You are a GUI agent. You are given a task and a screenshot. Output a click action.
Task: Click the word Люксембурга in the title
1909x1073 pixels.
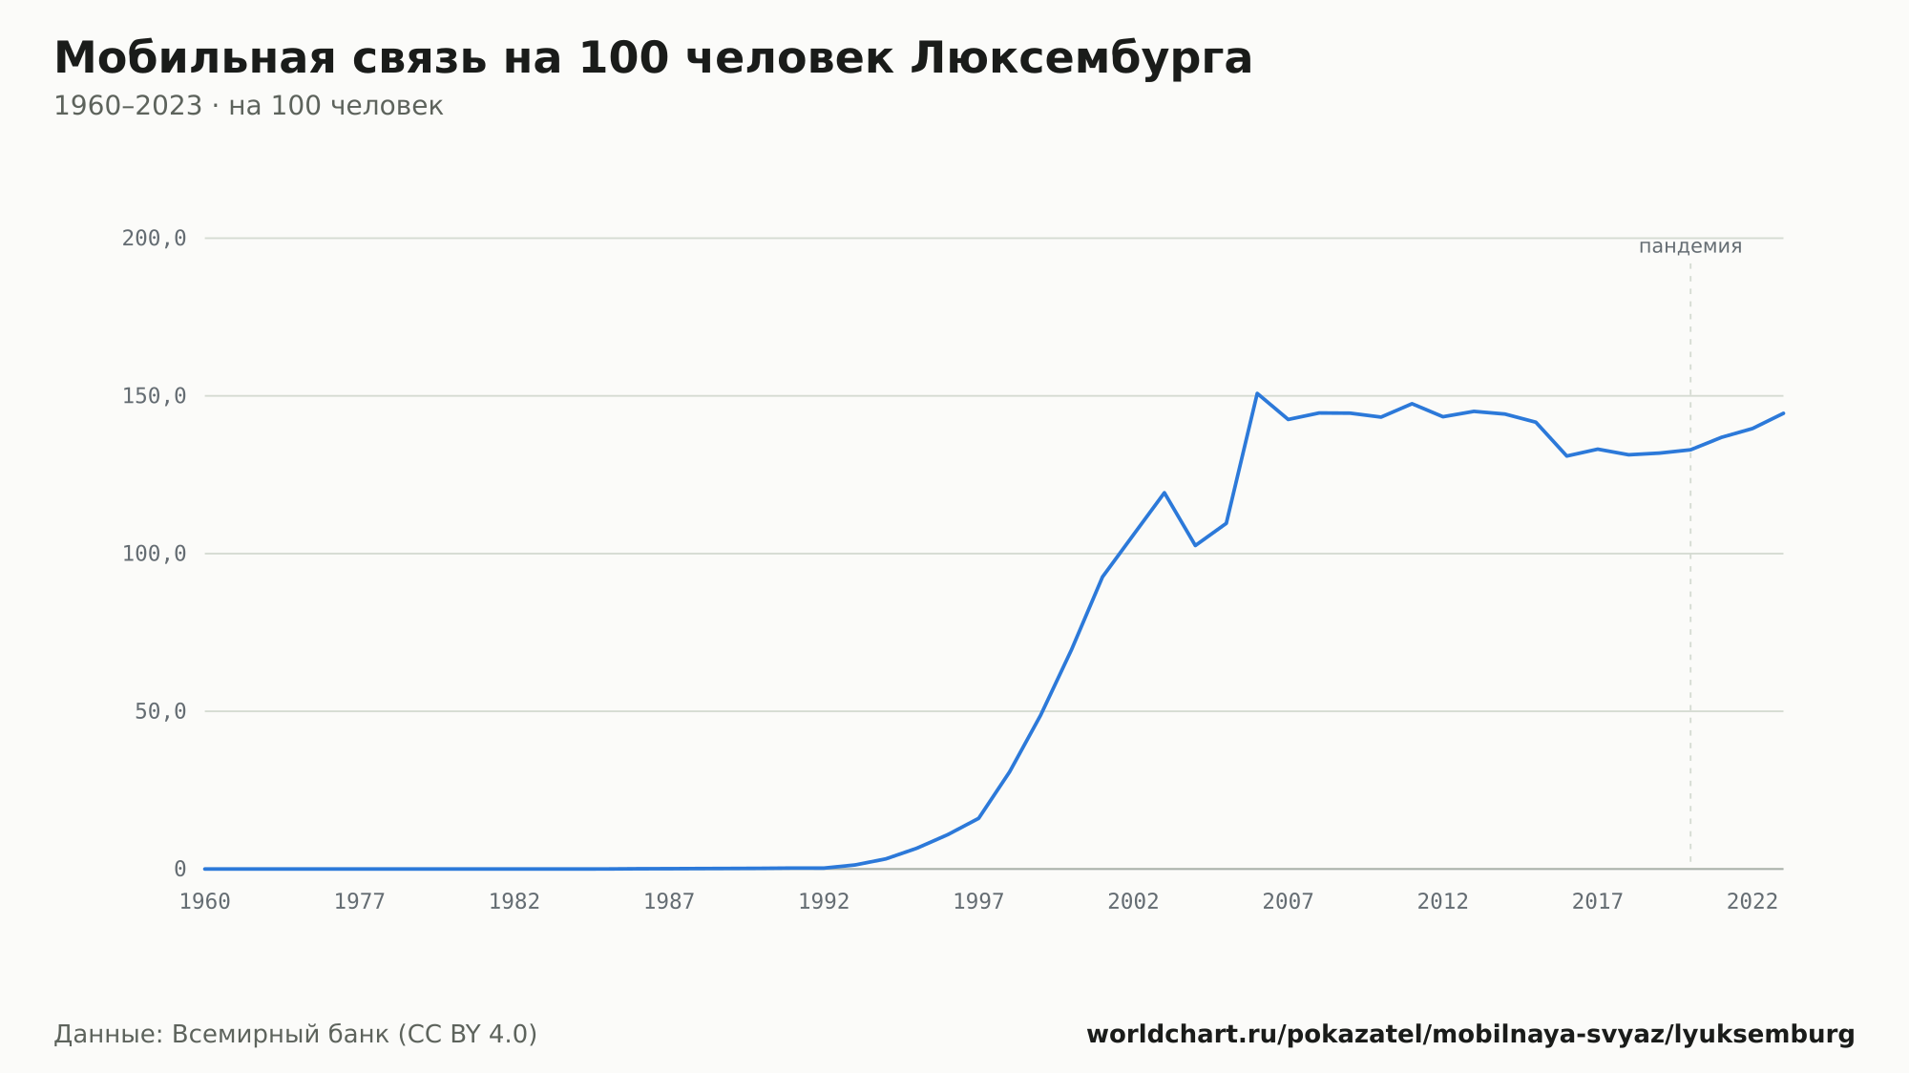click(1080, 58)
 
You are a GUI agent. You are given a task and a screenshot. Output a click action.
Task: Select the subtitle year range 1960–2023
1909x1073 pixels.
click(128, 106)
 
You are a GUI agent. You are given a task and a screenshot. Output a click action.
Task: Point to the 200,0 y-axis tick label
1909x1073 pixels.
click(154, 239)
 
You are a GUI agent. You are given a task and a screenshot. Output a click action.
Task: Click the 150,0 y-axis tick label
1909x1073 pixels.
click(154, 396)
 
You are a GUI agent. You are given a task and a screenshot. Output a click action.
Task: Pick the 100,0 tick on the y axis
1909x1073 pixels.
click(154, 554)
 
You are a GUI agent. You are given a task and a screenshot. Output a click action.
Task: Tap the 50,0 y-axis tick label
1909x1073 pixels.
click(160, 711)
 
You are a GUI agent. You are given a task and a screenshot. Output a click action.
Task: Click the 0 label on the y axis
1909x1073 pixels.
click(180, 869)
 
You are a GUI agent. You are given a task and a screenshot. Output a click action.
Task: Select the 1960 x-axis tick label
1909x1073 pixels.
click(205, 902)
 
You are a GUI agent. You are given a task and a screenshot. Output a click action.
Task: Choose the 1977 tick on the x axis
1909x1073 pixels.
click(360, 902)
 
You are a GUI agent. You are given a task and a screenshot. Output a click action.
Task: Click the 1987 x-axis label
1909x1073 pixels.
click(669, 902)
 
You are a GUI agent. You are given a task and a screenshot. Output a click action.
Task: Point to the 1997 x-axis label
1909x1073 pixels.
click(978, 902)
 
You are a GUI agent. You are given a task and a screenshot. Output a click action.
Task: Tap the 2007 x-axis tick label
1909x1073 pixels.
click(1289, 902)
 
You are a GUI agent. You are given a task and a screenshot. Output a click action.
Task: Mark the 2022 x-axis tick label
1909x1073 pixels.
click(1752, 902)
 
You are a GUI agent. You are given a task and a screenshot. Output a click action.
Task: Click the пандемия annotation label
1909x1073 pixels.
click(1690, 246)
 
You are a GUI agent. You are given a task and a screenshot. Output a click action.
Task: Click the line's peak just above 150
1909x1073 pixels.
click(1257, 393)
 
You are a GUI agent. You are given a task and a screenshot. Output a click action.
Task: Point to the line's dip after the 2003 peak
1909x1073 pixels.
click(1195, 545)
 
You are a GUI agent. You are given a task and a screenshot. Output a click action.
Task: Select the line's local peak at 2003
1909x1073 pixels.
click(1164, 493)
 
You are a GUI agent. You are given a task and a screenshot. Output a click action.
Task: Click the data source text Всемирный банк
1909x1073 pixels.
click(281, 1035)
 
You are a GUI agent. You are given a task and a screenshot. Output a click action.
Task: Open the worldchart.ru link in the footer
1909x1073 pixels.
click(1471, 1035)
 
